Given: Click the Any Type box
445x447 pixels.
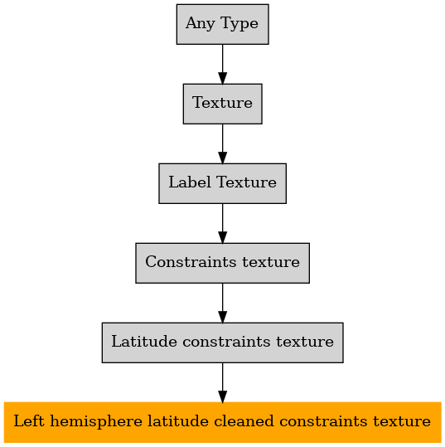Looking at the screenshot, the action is coord(222,24).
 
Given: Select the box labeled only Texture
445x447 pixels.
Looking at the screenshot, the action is coord(222,104).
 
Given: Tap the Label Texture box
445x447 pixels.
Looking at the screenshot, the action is coord(222,183).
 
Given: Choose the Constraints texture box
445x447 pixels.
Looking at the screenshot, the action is coord(222,263).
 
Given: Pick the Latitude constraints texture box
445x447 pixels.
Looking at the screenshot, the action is coord(222,343).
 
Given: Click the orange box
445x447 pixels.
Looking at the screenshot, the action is coord(222,422).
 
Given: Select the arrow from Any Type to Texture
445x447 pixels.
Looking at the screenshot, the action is coord(222,64).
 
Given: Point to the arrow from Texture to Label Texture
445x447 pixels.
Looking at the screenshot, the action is coord(222,143).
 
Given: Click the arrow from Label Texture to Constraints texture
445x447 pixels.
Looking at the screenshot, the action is coord(222,224).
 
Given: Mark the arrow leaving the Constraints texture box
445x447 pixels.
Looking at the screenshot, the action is coord(222,303).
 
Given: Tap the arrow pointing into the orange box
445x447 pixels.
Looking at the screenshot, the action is coord(222,382).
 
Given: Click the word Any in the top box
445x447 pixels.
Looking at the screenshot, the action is coord(201,23).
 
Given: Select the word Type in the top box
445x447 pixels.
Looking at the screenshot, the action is coord(239,23).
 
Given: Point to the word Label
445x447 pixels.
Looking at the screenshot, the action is coord(190,182).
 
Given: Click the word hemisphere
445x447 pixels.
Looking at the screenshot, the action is coord(96,421).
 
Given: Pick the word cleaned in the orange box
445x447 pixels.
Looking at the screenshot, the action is coord(244,421).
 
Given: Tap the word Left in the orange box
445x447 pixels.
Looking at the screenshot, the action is coord(29,421).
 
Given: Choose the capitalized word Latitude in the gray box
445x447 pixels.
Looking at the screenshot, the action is coord(144,341).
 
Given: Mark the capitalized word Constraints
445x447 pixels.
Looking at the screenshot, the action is coord(191,262).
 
